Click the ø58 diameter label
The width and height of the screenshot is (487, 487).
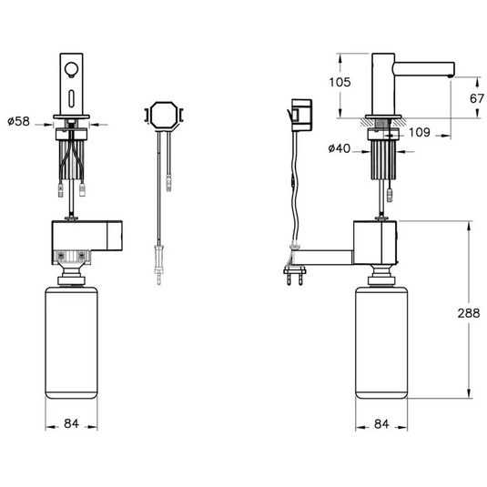tap(18, 121)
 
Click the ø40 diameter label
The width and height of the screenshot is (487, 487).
tap(340, 148)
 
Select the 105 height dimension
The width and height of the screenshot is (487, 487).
tap(340, 82)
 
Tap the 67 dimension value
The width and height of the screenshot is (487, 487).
tap(477, 99)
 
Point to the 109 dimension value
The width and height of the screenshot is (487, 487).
tap(420, 133)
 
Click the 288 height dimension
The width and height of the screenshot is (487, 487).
tap(469, 313)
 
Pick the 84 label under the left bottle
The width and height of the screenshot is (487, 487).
tap(71, 423)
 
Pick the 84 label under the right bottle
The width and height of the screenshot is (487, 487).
tap(381, 423)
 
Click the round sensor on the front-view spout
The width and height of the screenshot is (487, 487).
tap(71, 69)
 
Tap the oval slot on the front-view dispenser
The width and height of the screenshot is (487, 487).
tap(71, 97)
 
